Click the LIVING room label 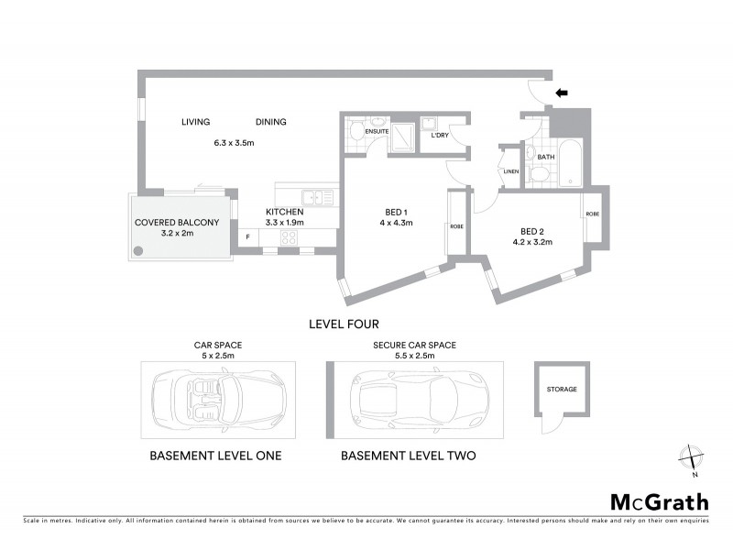tap(195, 122)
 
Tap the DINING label tap(270, 122)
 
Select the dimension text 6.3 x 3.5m tap(233, 143)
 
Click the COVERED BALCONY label tap(177, 222)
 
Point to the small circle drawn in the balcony tap(137, 250)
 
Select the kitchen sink tap(312, 195)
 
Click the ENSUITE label tap(377, 132)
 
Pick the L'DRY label tap(439, 136)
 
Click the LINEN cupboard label tap(510, 171)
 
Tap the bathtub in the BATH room tap(569, 162)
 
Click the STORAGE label tap(563, 389)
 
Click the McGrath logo tap(659, 501)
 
